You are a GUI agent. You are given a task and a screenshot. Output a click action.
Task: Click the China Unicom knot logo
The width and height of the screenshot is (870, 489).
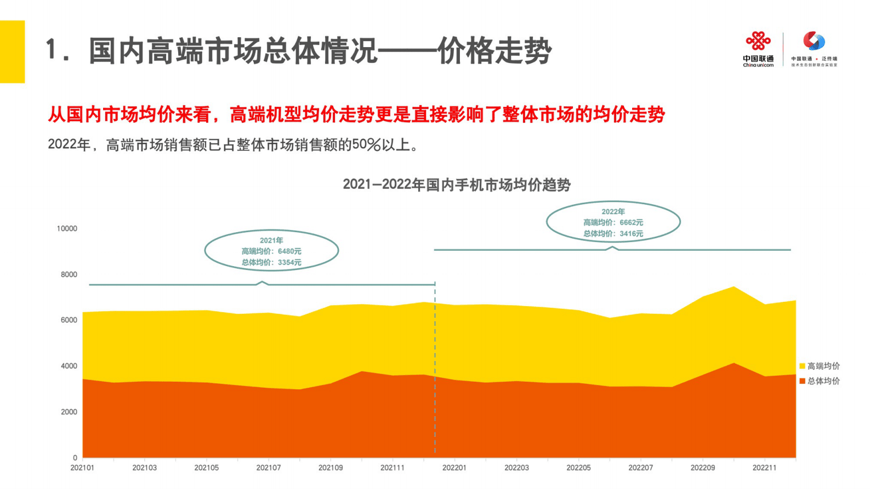point(758,42)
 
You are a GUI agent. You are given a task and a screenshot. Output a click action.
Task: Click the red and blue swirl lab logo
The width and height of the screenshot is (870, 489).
point(814,41)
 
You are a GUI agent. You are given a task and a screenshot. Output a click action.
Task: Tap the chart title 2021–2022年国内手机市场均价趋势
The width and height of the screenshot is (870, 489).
point(457,185)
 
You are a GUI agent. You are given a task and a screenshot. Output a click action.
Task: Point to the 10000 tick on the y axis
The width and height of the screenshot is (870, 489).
point(67,229)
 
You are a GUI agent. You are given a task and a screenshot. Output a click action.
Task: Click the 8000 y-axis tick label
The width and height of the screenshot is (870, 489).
point(69,275)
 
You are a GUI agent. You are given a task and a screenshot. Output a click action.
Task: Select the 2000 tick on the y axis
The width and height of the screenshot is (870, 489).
point(69,412)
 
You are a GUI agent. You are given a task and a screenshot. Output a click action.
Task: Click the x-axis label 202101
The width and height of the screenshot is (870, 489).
point(82,468)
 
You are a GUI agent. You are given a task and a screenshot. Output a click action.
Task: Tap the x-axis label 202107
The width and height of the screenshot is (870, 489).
point(268,468)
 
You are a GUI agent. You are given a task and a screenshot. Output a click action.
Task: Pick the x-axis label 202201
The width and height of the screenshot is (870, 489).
point(454,468)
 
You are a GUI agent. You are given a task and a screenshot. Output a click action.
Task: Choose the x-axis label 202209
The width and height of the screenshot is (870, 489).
point(702,468)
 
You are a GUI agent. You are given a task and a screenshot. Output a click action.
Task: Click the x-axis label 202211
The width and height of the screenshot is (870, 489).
point(764,468)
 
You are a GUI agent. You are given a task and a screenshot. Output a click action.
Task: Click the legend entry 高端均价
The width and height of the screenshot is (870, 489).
point(823,366)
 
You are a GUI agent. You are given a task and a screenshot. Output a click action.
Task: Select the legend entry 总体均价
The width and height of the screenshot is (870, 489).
point(823,381)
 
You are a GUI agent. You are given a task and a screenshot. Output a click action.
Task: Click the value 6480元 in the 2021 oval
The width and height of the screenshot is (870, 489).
point(289,251)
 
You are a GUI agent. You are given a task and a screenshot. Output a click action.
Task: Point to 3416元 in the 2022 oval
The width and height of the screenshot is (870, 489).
point(631,234)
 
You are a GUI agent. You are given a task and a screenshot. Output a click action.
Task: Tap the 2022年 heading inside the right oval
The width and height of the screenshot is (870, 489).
point(613,212)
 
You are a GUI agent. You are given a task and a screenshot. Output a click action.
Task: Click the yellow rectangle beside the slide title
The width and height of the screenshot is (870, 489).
point(12,51)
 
